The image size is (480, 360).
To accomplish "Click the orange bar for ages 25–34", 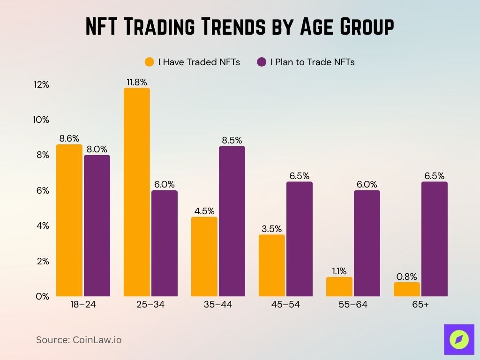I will click(137, 192).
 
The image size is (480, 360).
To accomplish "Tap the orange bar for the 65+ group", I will click(406, 289).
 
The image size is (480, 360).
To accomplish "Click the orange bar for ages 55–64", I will click(339, 286).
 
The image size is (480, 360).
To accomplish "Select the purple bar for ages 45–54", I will click(300, 239).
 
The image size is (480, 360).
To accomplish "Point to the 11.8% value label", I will click(137, 82).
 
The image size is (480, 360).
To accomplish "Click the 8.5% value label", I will click(232, 141).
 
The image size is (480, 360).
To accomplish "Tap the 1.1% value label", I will click(339, 271).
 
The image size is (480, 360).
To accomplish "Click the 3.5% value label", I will click(272, 229).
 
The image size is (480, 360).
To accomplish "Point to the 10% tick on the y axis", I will click(41, 120).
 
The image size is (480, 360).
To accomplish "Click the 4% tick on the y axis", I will click(43, 225).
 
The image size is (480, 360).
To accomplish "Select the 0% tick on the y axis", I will click(43, 296).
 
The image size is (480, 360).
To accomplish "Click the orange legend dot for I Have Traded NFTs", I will click(150, 62).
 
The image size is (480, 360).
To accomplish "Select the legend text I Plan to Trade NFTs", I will click(312, 62).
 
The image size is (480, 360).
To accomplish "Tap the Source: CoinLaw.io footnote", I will click(79, 340).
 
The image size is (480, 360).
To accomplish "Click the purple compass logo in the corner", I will click(458, 339).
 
